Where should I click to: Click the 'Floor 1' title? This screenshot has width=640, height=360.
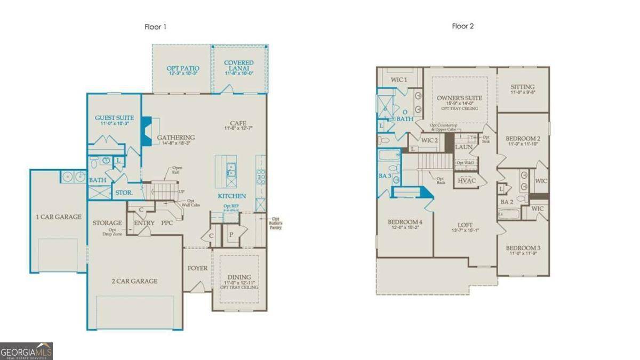point(156,27)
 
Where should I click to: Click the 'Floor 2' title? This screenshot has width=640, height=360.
point(463,26)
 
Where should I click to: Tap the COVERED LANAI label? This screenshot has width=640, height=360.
point(238,63)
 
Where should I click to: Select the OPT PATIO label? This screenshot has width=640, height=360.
point(183,68)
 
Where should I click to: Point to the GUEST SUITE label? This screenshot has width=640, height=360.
point(114,118)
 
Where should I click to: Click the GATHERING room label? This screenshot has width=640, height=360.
point(175,138)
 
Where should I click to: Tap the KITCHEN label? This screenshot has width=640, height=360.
point(231,196)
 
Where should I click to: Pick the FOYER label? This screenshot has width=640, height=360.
point(197,268)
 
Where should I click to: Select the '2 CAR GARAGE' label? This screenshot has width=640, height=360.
point(134,281)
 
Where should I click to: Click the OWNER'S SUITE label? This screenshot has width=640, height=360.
point(459,98)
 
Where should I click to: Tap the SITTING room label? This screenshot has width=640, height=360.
point(522,87)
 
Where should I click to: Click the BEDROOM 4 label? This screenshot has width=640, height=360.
point(405,222)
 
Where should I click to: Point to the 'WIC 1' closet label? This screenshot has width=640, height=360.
point(399,79)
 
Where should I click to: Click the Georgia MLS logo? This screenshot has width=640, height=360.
point(26,351)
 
